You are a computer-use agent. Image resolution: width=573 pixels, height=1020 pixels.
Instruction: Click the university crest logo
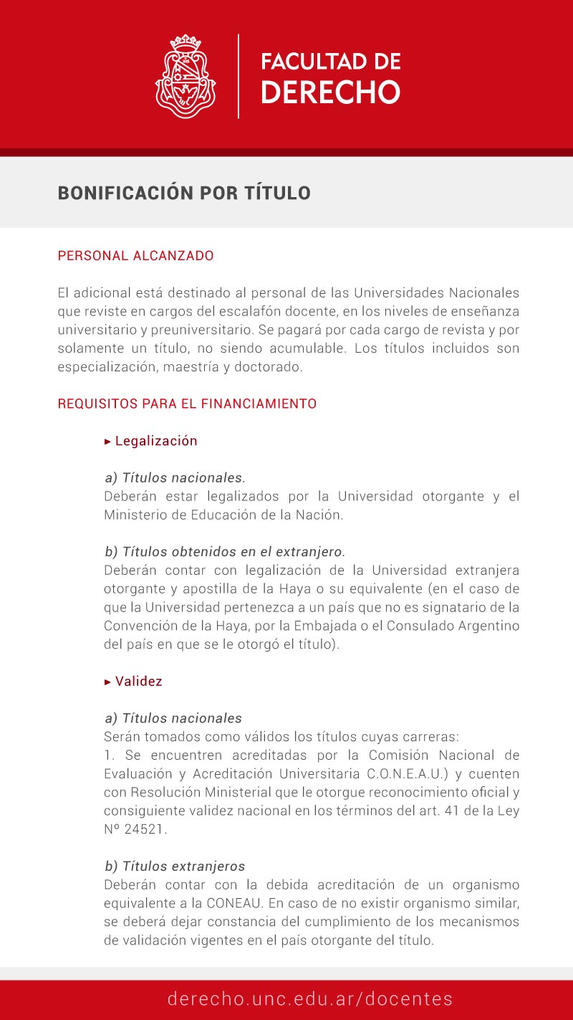(x=186, y=75)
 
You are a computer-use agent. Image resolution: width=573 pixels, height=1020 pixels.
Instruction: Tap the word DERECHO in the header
(x=330, y=92)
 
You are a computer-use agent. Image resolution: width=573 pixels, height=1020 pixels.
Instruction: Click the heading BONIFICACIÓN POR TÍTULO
(x=184, y=193)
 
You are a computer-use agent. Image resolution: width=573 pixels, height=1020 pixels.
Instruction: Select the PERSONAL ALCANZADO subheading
(x=135, y=256)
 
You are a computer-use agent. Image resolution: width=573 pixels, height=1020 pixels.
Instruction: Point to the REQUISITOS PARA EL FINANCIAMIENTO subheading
(x=187, y=404)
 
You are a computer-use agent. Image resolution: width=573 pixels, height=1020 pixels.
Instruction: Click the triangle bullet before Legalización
(x=108, y=442)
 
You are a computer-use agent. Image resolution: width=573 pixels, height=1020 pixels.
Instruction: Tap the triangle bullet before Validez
(x=108, y=682)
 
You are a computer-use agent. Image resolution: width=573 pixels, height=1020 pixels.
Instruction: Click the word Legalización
(x=156, y=441)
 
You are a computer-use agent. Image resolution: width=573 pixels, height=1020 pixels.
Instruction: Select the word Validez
(x=139, y=681)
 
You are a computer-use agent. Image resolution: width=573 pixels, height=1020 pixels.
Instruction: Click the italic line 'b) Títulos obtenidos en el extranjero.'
(x=225, y=552)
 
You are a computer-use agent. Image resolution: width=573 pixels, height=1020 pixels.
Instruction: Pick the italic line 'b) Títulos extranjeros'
(x=175, y=867)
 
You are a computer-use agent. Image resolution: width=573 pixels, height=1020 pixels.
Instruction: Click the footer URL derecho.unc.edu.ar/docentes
(x=310, y=999)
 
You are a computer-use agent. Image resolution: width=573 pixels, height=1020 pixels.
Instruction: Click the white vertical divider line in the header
(x=239, y=75)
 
